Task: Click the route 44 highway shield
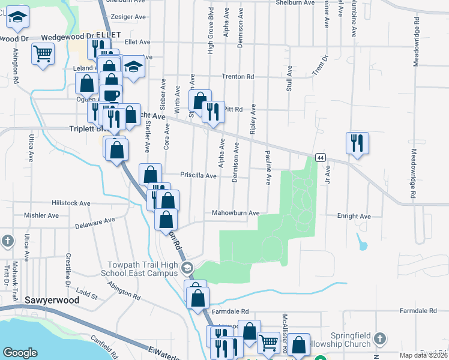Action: [321, 157]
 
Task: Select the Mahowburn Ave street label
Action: [235, 213]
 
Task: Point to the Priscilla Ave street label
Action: [198, 176]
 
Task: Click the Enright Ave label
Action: [354, 216]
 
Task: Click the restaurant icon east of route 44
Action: [357, 143]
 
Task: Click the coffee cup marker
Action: [112, 95]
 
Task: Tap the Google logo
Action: [20, 353]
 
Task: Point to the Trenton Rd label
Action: [238, 77]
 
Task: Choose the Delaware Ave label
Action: [95, 224]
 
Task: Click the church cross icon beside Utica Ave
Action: [7, 242]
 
